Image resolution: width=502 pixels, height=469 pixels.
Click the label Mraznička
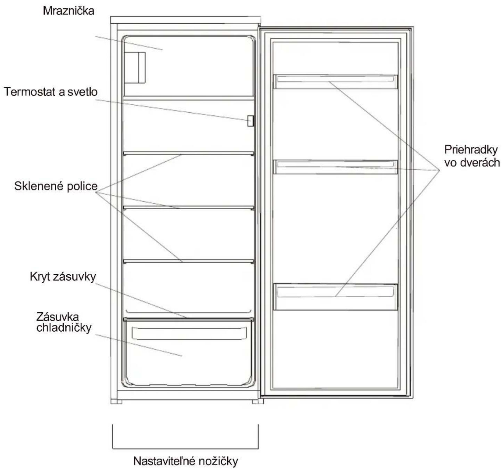68,11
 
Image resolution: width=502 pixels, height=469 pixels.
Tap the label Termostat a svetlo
51,92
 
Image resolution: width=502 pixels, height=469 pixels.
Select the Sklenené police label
56,186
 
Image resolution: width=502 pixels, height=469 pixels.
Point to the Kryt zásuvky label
63,277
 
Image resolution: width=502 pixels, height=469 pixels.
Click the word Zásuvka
58,317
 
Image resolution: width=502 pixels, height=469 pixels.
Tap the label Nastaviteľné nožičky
186,461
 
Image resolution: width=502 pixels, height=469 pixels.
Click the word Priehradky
471,150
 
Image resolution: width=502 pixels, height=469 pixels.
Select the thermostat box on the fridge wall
250,121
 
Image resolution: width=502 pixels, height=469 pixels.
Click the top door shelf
336,81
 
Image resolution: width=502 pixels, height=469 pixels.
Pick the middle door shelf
336,167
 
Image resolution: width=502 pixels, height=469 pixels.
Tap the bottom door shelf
336,297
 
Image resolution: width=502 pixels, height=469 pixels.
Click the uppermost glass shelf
189,153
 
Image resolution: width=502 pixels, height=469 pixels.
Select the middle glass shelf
189,208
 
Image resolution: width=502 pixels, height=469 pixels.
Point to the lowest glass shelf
189,261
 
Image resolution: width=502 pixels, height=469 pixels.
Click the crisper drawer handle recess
189,333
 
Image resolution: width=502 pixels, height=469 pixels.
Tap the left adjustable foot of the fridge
116,402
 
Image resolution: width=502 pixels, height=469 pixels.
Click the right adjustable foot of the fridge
257,402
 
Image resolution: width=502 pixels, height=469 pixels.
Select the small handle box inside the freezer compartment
135,68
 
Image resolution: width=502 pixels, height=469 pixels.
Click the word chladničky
64,328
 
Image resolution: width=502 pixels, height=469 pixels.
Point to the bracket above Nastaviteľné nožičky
185,449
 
